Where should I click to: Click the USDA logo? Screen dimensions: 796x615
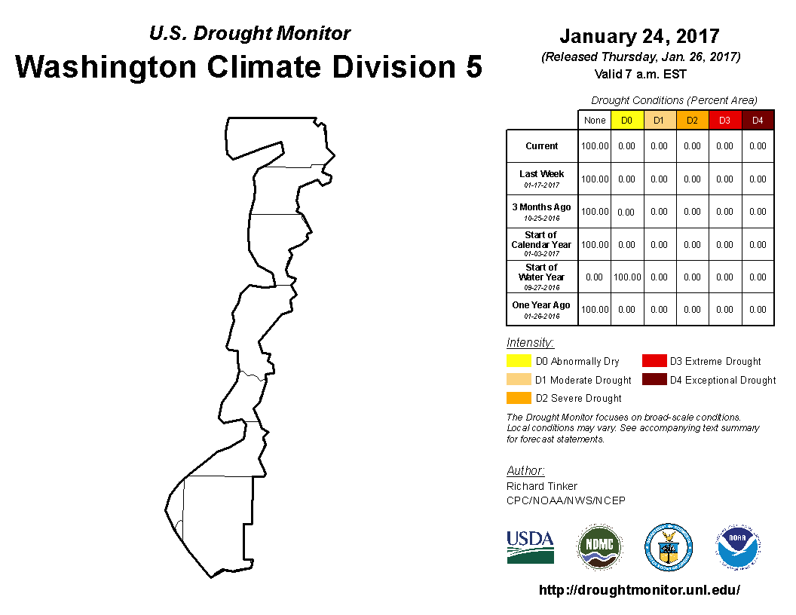530,547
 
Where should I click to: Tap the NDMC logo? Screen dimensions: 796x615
599,547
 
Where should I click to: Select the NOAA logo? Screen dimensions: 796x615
738,547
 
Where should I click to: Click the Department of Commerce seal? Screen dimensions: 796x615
669,547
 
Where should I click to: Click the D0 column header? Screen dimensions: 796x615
627,121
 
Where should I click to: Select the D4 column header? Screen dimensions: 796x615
758,121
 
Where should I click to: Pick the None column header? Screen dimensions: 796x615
595,121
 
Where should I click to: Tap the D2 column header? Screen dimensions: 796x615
693,121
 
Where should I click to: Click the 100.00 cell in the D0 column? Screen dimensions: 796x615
627,277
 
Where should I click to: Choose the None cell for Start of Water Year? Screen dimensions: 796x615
594,277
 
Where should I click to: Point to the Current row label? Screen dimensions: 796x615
542,146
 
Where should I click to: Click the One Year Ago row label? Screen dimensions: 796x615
541,310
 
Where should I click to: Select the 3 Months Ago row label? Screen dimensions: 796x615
542,212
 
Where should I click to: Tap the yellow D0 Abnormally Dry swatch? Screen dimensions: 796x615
519,361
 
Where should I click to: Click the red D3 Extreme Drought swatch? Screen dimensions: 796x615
654,361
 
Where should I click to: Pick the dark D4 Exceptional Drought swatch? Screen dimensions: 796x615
654,379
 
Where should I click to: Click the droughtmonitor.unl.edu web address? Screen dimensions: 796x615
640,589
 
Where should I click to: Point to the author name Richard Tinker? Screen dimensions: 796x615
542,486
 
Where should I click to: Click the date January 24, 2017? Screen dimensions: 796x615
640,36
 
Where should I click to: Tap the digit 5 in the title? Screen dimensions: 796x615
473,67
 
